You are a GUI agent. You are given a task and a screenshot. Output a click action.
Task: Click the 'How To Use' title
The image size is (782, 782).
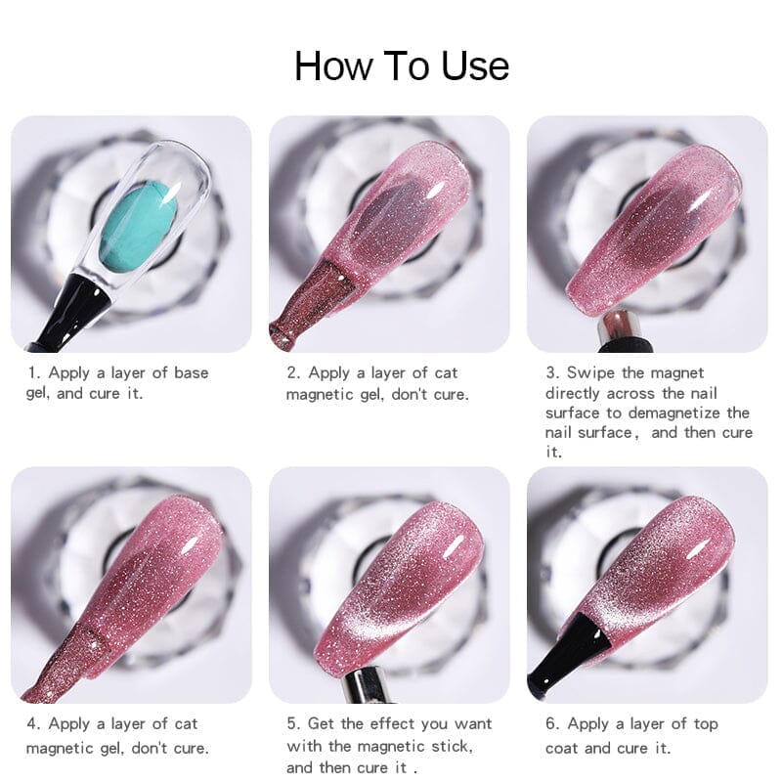point(402,65)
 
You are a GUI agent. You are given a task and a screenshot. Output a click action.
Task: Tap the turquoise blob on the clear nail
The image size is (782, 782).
point(139,230)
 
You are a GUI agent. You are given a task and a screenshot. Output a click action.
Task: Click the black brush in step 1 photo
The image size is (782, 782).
point(75,310)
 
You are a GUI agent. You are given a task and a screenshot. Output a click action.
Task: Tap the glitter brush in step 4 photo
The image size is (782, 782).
point(60,664)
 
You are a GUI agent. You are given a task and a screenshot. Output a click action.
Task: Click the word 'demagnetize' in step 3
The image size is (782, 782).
point(674,413)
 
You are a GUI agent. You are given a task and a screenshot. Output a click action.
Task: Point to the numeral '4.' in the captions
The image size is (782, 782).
point(34,723)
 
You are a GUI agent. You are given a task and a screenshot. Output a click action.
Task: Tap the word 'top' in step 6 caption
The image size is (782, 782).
point(706,724)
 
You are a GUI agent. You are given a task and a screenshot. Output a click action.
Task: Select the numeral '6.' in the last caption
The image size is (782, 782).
point(552,723)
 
